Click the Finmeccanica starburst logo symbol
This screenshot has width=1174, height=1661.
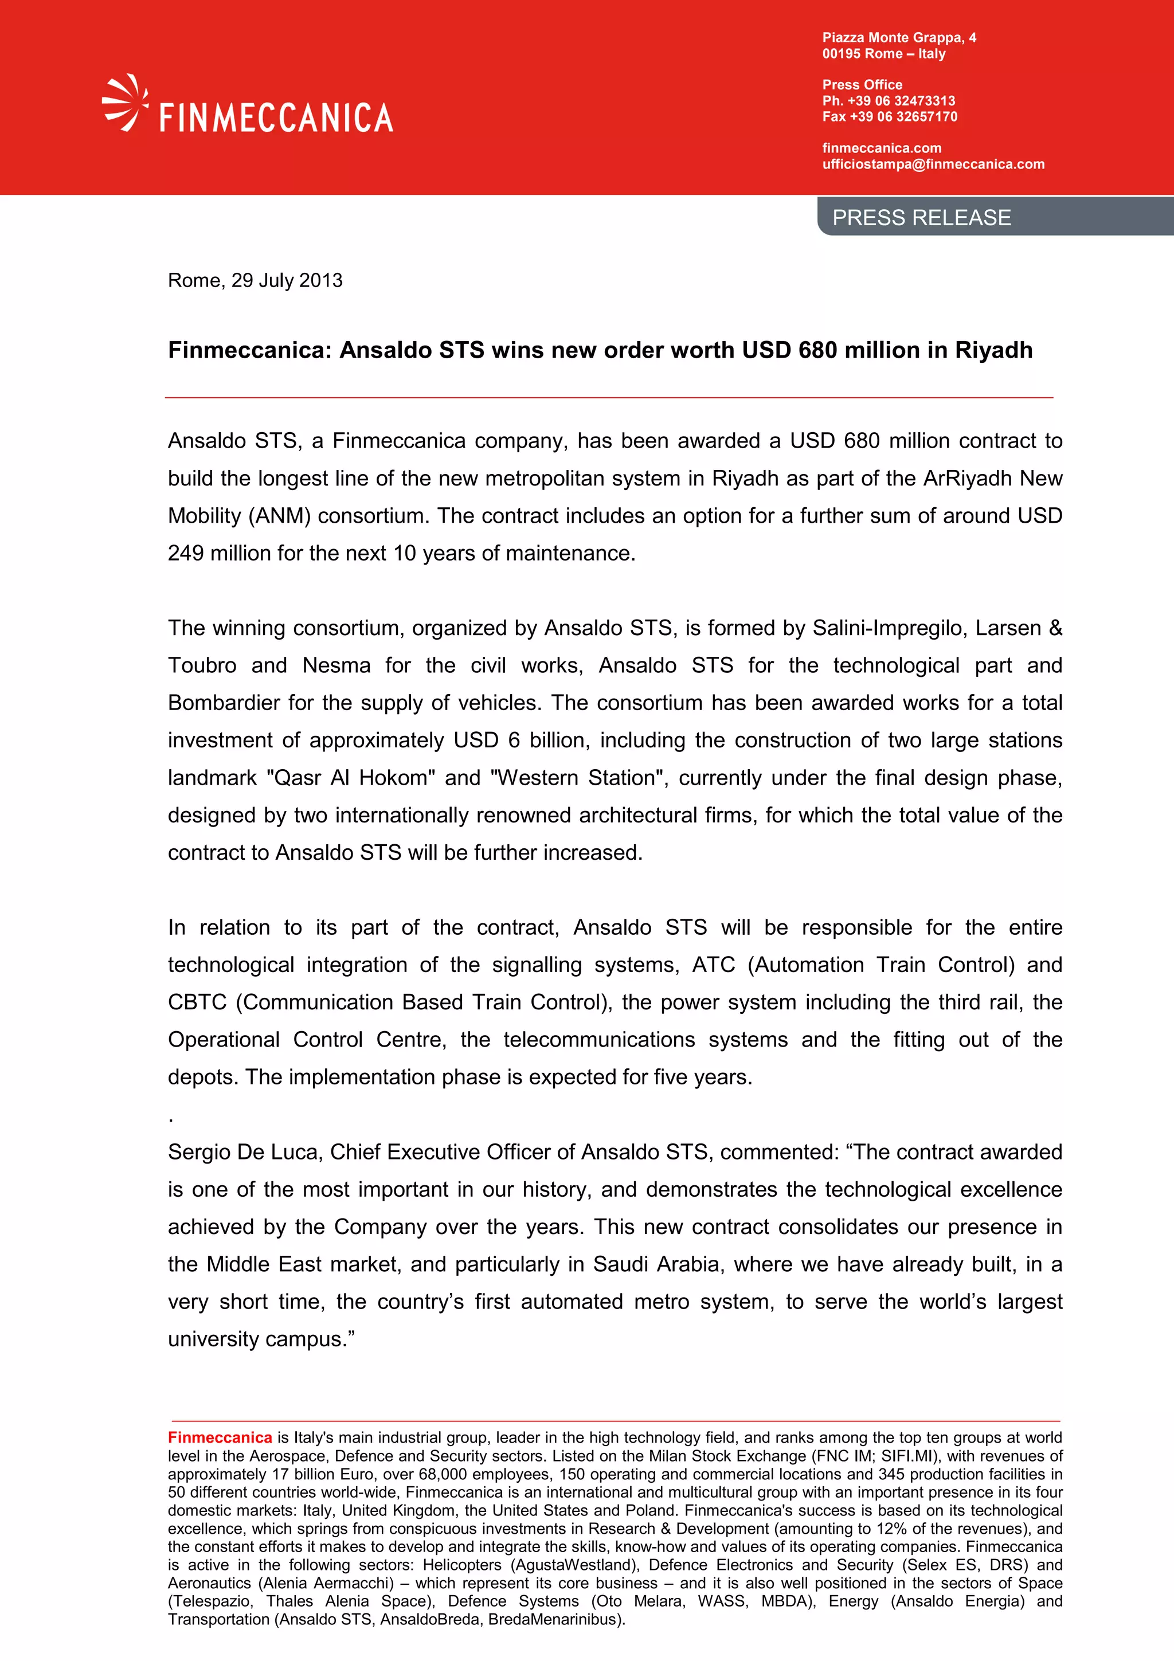124,103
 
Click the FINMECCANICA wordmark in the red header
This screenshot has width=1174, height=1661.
276,118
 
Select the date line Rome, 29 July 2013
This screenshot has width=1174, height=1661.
255,281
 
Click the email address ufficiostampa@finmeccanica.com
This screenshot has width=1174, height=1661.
933,164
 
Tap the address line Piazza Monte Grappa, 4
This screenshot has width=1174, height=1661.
898,38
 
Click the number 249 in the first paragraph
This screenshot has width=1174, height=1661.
186,554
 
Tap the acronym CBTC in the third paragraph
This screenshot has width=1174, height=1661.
197,1002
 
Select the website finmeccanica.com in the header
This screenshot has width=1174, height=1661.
881,148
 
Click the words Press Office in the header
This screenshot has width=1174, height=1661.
862,85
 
